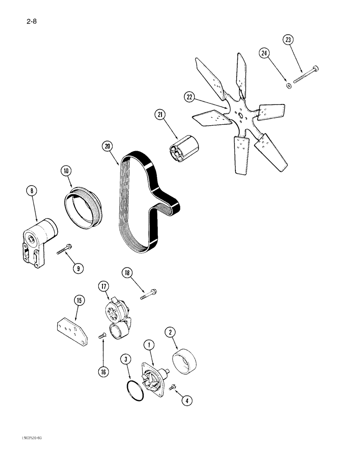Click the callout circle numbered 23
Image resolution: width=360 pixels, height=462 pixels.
(288, 41)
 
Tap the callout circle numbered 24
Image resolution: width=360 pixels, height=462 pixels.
(264, 55)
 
